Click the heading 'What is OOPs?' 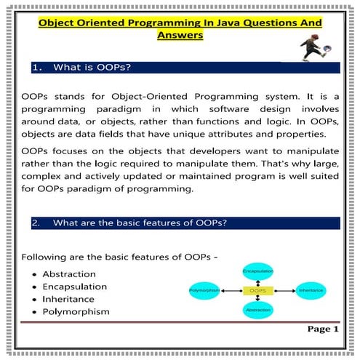(x=92, y=68)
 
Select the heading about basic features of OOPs (x=132, y=223)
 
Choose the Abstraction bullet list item (x=69, y=273)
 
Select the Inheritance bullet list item (x=68, y=299)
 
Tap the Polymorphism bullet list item (x=76, y=312)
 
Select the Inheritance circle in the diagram (x=315, y=289)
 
